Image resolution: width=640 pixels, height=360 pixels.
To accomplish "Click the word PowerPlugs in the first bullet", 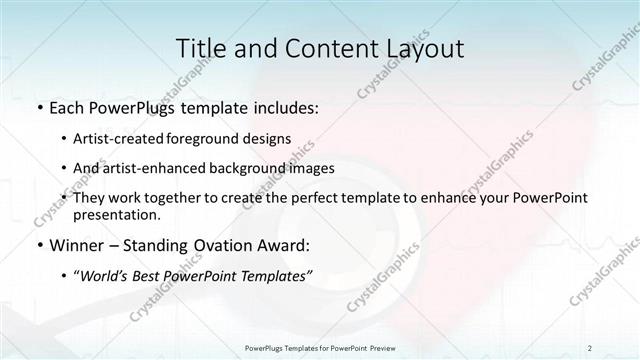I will pos(133,107).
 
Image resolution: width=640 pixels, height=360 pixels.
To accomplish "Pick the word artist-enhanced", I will pos(154,168).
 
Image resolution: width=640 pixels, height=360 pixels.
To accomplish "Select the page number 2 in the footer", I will pos(590,347).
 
